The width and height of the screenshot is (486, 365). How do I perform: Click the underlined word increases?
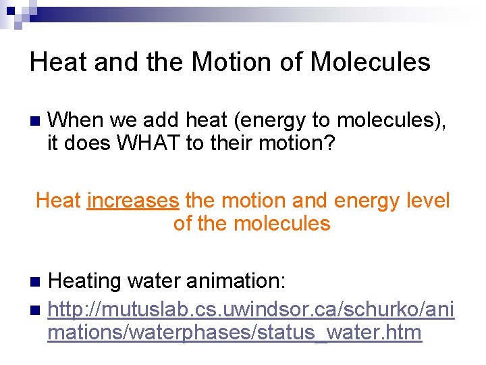[133, 201]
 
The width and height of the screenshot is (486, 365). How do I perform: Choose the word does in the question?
[86, 143]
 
